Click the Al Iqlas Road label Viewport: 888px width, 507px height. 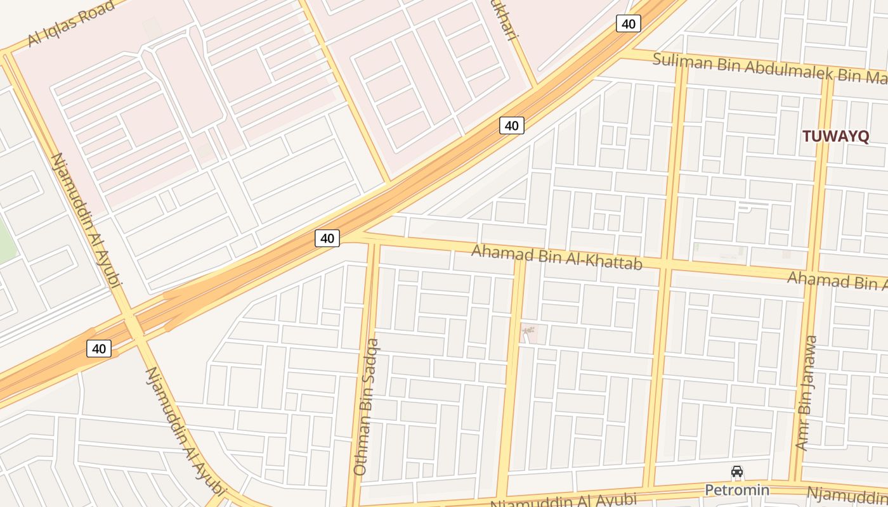click(71, 24)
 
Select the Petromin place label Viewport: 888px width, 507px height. click(737, 490)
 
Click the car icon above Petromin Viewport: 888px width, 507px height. click(737, 472)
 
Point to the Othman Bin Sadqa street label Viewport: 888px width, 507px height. click(366, 407)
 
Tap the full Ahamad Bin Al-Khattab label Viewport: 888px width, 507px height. click(556, 256)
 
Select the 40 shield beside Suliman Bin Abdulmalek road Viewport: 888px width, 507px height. click(628, 24)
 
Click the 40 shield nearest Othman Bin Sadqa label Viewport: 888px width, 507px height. click(327, 238)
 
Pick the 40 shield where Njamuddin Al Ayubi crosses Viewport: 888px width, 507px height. click(99, 348)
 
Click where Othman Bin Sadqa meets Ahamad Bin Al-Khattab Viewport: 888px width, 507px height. click(374, 241)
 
